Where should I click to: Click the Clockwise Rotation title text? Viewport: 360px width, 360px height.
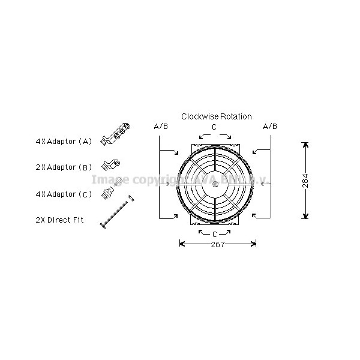click(217, 116)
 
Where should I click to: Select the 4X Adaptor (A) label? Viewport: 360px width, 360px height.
click(64, 142)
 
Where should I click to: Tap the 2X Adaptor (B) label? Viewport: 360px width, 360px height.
click(64, 167)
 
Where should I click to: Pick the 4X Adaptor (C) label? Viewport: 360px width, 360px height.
click(64, 194)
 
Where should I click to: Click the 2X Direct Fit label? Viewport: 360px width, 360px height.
click(59, 220)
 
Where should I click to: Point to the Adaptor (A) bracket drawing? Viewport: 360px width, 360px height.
click(118, 134)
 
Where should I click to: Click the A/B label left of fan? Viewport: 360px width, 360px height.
click(161, 127)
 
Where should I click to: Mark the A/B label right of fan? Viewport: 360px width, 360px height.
click(270, 127)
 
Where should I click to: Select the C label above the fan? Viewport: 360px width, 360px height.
click(214, 127)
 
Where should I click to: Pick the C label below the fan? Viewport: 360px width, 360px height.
click(214, 233)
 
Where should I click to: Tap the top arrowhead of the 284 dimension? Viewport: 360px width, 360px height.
click(305, 145)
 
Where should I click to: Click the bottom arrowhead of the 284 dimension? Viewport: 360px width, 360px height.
click(305, 217)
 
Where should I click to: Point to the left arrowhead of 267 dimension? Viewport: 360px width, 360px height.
click(182, 244)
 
